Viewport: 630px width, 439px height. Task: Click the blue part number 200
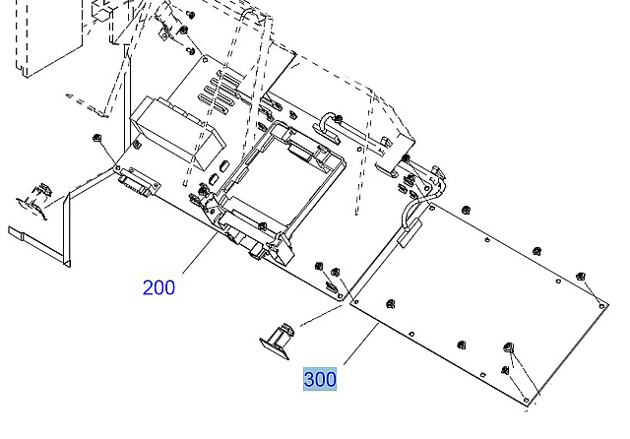point(158,287)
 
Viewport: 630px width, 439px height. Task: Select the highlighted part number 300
point(320,378)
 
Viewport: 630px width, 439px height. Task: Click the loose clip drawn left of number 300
point(277,338)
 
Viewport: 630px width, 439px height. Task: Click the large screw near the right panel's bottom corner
point(509,348)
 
